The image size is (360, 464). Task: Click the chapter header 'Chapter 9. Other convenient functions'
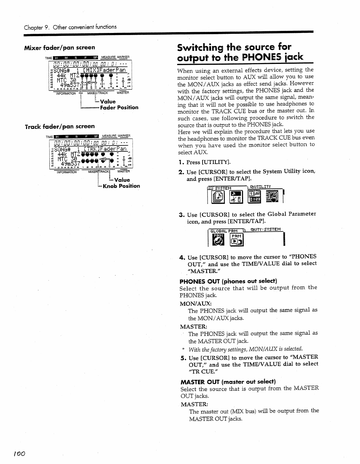tap(70, 27)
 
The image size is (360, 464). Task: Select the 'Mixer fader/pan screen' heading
tap(60, 47)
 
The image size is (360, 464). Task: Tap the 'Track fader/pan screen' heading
tap(60, 126)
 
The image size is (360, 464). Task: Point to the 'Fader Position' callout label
tap(119, 107)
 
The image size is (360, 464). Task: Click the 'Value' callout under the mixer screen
tap(108, 102)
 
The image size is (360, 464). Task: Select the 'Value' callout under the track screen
tap(122, 180)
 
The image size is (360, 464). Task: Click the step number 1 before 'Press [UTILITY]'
tap(180, 162)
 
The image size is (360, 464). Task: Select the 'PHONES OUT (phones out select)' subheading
tap(228, 281)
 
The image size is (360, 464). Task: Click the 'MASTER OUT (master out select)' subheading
tap(228, 382)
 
